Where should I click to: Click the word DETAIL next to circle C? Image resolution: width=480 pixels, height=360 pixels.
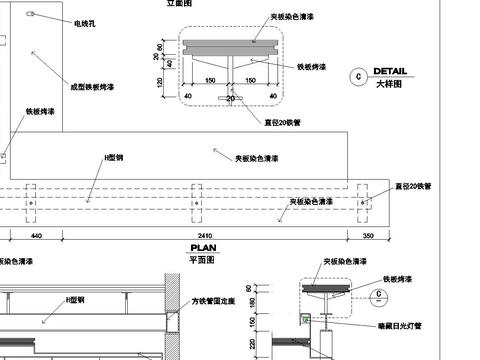click(x=390, y=72)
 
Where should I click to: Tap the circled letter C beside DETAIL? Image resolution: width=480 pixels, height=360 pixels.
click(x=358, y=76)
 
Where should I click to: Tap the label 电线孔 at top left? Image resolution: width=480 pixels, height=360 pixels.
click(x=85, y=21)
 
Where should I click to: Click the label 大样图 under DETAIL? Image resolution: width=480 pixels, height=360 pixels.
click(x=388, y=85)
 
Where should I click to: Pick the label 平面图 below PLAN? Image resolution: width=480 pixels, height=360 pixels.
click(x=203, y=258)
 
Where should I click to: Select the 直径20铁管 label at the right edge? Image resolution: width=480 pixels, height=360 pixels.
click(x=413, y=186)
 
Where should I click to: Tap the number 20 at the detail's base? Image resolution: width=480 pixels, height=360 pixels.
click(x=231, y=99)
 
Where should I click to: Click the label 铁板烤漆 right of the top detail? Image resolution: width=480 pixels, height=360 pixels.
click(x=316, y=67)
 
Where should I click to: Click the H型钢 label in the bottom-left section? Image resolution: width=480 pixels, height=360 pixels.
click(x=74, y=299)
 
